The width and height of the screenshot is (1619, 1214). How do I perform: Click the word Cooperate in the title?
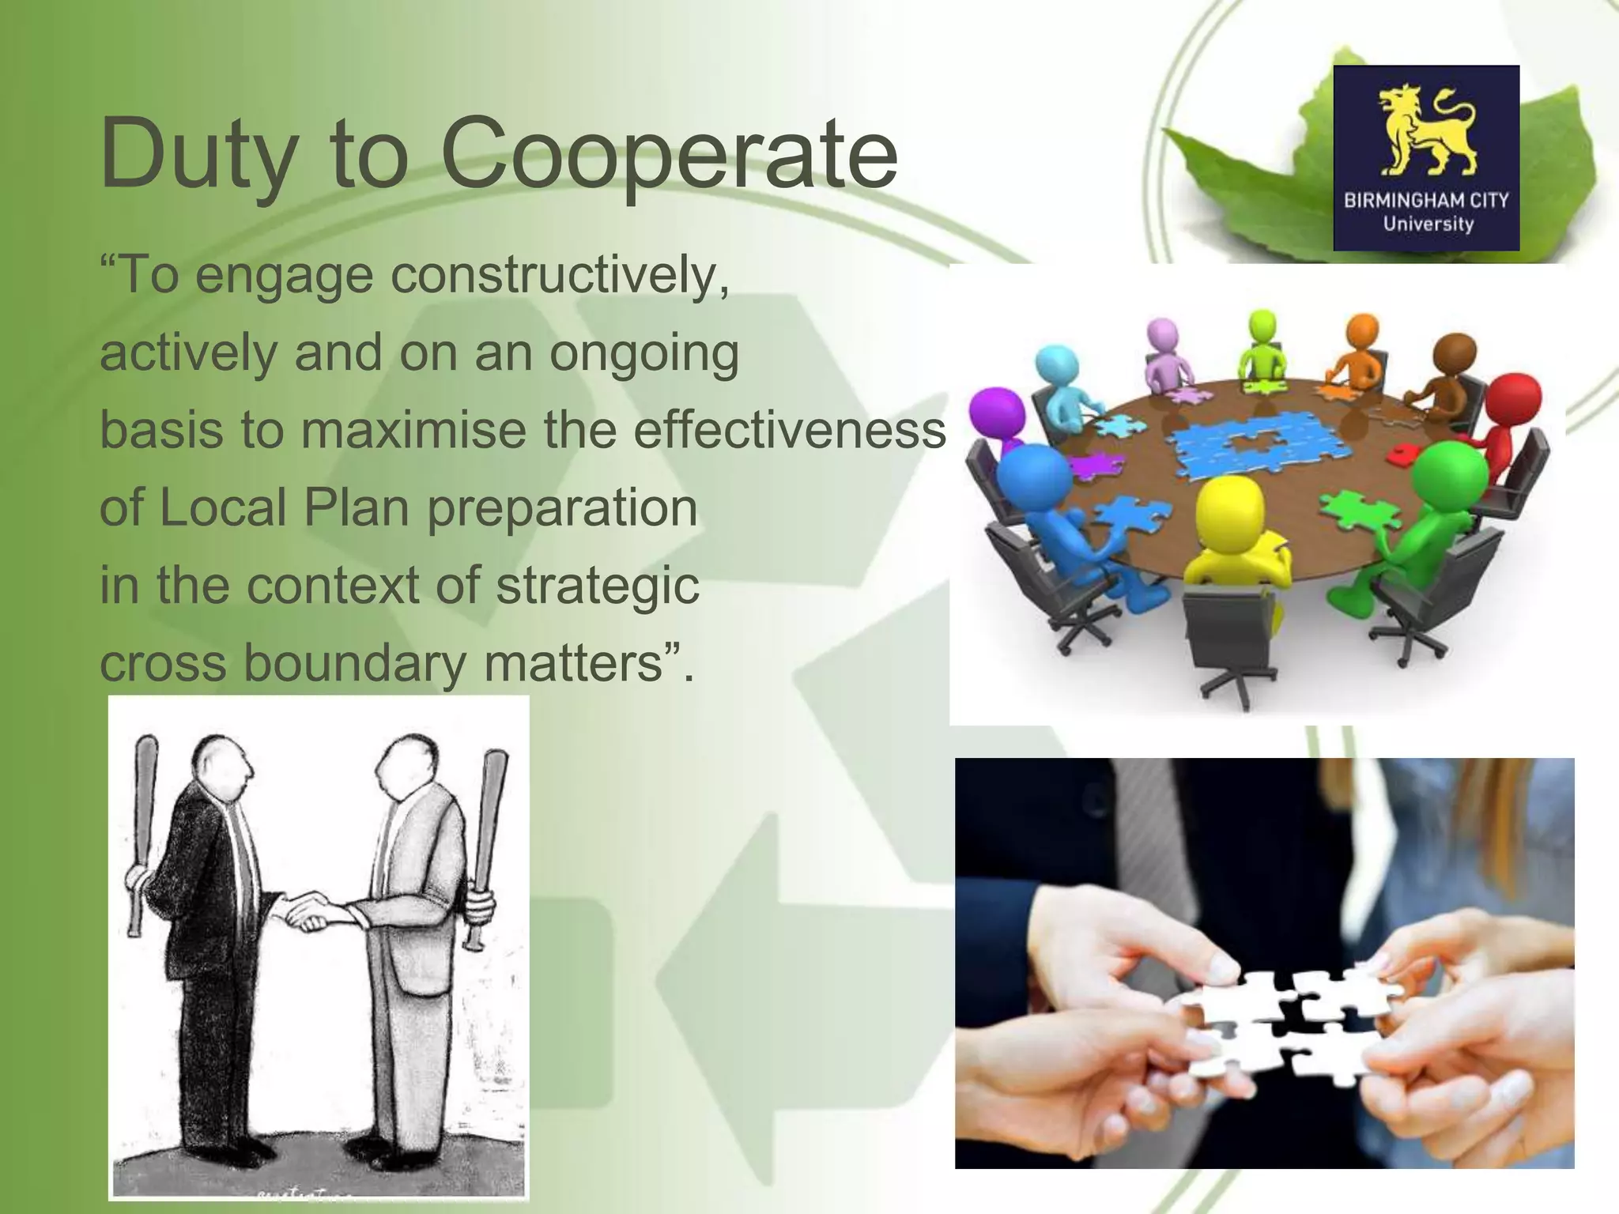[669, 154]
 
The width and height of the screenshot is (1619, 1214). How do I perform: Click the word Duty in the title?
[194, 154]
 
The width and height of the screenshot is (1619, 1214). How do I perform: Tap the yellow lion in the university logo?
[1426, 130]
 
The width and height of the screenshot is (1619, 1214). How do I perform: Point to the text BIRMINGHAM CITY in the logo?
[1426, 200]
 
